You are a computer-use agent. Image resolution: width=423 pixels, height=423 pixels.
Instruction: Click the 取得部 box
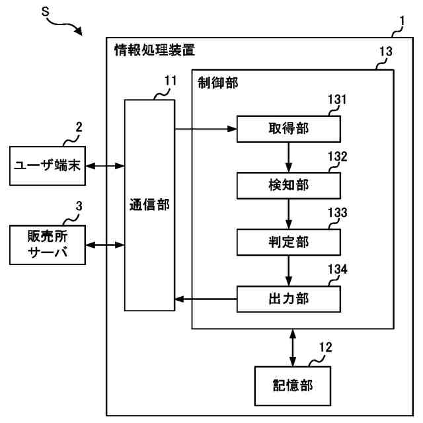tap(289, 129)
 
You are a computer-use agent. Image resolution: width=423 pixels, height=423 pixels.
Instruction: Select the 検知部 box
tap(289, 186)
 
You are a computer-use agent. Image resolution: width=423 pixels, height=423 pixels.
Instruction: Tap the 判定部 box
tap(289, 242)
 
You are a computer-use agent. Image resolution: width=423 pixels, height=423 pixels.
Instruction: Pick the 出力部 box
tap(289, 299)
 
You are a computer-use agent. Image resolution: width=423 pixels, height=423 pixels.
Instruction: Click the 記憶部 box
tap(293, 386)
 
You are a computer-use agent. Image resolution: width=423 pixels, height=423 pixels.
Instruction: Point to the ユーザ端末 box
tap(48, 166)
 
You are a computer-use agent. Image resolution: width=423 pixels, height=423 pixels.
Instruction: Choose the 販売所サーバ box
tap(48, 245)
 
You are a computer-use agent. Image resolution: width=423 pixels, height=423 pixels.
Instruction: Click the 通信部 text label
tap(149, 205)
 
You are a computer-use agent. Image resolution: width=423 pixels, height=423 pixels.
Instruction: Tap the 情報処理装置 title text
tap(154, 50)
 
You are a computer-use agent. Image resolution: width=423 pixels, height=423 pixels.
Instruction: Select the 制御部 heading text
tap(217, 82)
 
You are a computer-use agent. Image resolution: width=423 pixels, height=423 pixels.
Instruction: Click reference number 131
tap(337, 100)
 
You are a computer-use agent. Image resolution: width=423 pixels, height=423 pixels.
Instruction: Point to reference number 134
tap(338, 269)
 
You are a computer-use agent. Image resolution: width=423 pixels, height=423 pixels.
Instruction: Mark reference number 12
tap(325, 348)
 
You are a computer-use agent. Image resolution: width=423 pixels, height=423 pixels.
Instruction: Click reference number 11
tap(171, 81)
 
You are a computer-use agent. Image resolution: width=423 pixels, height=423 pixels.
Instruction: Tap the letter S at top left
tap(46, 12)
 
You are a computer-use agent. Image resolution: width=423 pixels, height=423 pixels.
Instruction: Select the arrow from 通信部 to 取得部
tap(206, 129)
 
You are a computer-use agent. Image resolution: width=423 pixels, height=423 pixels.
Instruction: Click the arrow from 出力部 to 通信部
tap(206, 299)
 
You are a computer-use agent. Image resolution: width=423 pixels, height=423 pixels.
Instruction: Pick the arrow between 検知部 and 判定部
tap(289, 214)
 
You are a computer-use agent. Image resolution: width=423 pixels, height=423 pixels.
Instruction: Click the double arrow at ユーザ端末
tap(105, 166)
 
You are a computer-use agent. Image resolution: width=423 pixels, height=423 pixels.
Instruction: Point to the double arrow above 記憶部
tap(293, 348)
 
